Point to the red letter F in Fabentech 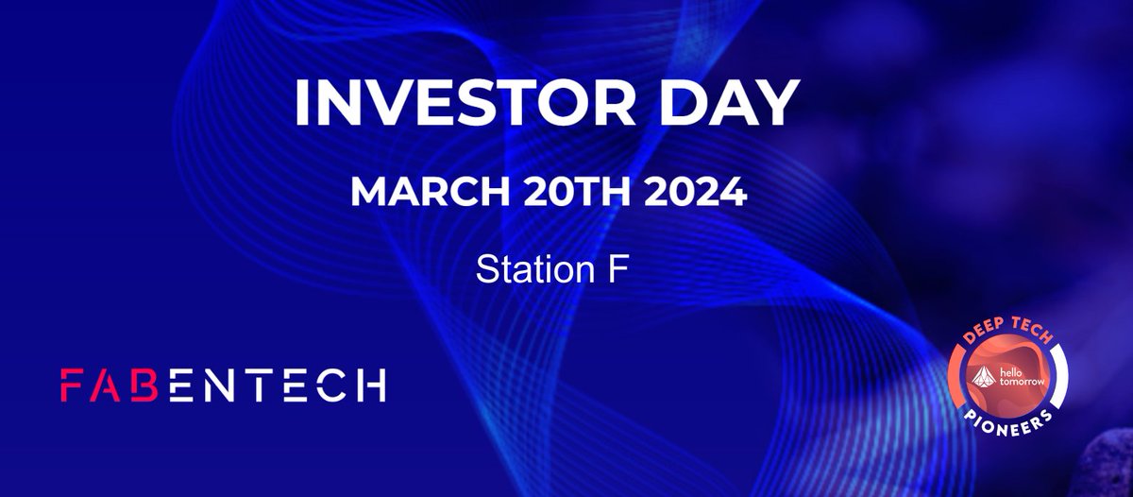(73, 385)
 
